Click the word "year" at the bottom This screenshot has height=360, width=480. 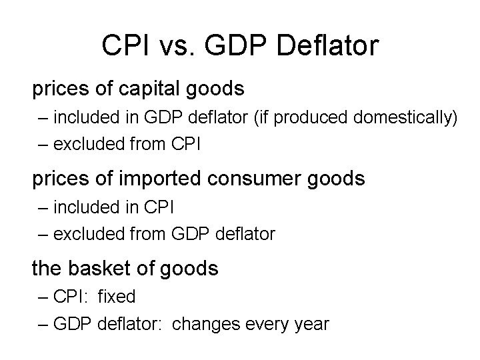310,325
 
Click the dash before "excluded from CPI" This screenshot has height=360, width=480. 43,143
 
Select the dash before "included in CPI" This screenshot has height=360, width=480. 43,208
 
